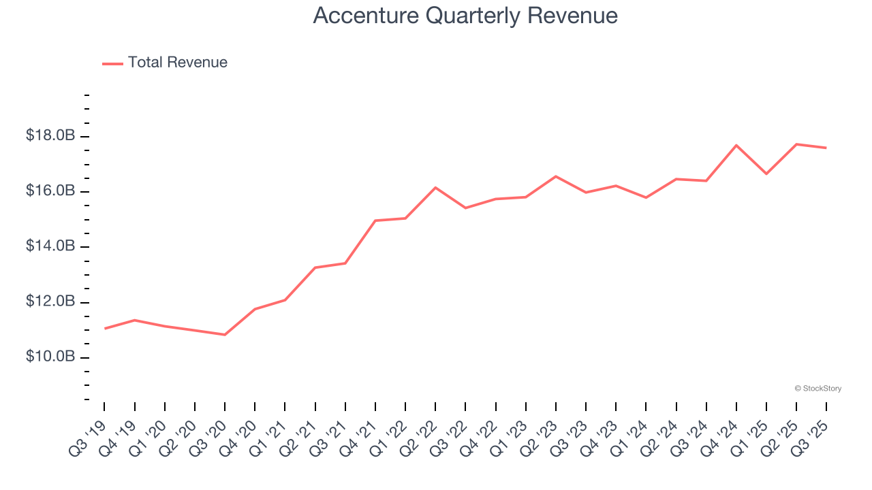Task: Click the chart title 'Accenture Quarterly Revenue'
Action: (465, 16)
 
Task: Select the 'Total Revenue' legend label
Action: (177, 63)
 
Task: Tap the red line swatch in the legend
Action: (112, 63)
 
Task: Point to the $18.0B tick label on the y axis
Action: (50, 136)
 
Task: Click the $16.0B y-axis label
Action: (50, 191)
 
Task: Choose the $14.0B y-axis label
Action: (50, 246)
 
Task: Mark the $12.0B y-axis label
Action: (50, 302)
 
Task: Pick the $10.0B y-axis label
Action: (50, 357)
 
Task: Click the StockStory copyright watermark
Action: (817, 389)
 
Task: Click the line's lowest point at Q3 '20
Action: (225, 335)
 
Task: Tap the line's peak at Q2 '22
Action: (435, 187)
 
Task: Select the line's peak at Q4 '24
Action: (736, 145)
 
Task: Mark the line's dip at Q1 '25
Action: (766, 174)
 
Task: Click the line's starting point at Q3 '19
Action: (105, 329)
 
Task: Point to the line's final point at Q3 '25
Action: (826, 148)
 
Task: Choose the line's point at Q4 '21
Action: (375, 220)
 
